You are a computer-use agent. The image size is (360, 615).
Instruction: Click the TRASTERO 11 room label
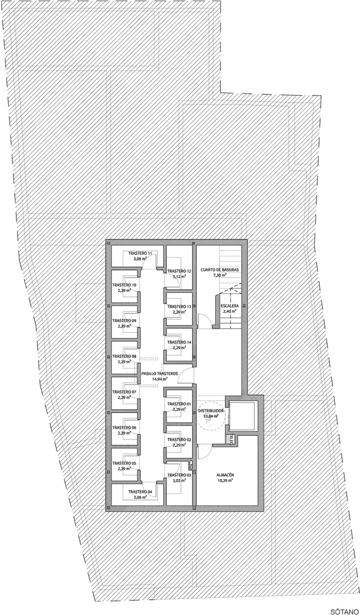[140, 253]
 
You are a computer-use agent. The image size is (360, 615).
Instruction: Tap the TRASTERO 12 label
[180, 271]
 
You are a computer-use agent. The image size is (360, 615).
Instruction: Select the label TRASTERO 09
[125, 320]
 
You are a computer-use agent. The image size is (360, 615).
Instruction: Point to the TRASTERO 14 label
[180, 342]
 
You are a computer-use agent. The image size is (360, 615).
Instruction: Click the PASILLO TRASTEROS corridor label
[160, 373]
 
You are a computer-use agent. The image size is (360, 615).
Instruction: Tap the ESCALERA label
[230, 306]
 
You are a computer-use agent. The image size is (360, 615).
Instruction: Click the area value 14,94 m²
[160, 380]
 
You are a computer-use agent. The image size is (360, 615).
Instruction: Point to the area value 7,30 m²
[220, 275]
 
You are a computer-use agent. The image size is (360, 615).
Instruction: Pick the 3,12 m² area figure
[180, 277]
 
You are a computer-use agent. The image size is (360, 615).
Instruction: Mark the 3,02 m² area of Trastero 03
[179, 481]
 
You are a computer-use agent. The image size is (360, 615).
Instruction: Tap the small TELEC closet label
[231, 438]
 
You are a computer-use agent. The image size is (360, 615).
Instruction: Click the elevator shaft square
[243, 415]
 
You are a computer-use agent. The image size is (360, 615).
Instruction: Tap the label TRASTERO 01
[179, 404]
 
